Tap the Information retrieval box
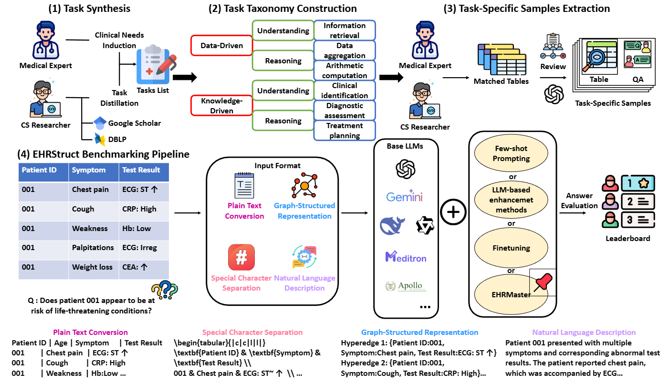click(x=345, y=30)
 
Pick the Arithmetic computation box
click(x=345, y=71)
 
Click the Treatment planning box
click(x=345, y=131)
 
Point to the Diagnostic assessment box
click(x=345, y=111)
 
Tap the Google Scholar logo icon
click(x=100, y=123)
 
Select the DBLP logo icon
click(x=100, y=139)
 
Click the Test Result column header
click(x=141, y=170)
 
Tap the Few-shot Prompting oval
click(x=511, y=153)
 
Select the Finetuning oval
click(x=511, y=248)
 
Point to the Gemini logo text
click(x=404, y=197)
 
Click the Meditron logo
click(x=406, y=257)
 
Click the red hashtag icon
click(x=241, y=257)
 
